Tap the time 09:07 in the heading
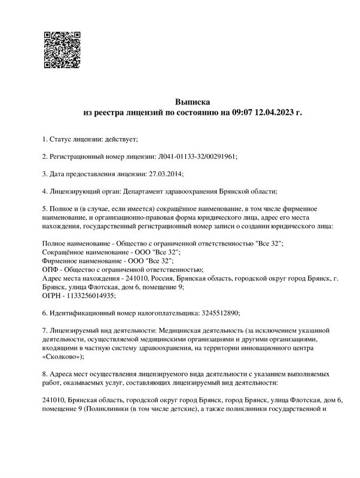[x=243, y=112]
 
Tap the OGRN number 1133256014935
[x=89, y=295]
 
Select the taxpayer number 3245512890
[x=218, y=312]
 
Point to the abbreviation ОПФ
[x=51, y=269]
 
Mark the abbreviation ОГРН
[x=53, y=295]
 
